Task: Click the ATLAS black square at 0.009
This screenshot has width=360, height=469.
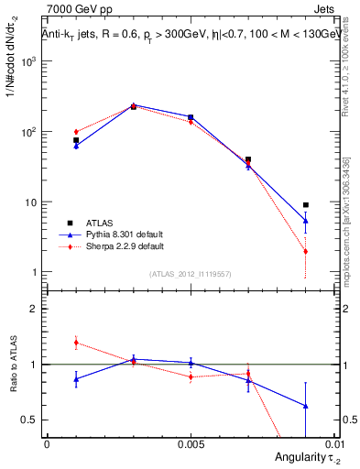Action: [306, 205]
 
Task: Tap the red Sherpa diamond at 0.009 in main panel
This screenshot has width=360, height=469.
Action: [306, 251]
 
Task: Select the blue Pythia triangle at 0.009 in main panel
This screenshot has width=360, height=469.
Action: [306, 221]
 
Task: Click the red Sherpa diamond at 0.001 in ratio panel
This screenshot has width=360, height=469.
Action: [76, 343]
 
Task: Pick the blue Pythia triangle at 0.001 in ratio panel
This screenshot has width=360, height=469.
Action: [76, 378]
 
